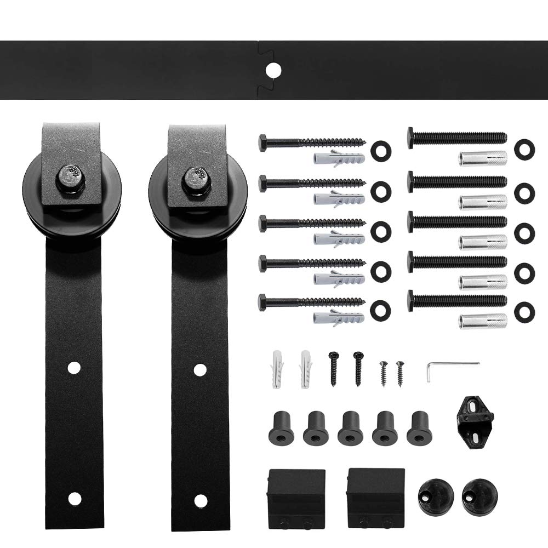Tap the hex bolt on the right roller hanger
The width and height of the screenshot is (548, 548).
pyautogui.click(x=196, y=176)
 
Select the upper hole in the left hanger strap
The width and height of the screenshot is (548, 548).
pyautogui.click(x=74, y=367)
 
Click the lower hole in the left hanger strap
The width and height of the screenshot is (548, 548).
pyautogui.click(x=74, y=498)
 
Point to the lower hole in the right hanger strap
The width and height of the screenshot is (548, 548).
pyautogui.click(x=201, y=500)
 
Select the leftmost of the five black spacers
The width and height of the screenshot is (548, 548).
pyautogui.click(x=281, y=427)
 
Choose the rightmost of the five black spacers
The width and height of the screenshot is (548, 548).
pyautogui.click(x=419, y=427)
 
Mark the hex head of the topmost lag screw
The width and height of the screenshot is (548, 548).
pyautogui.click(x=263, y=143)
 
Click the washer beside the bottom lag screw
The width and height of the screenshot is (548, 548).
pyautogui.click(x=380, y=309)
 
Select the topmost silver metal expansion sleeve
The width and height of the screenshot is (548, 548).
pyautogui.click(x=483, y=158)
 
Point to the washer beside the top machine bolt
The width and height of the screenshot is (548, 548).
pyautogui.click(x=524, y=150)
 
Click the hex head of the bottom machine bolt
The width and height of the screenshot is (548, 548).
pyautogui.click(x=411, y=300)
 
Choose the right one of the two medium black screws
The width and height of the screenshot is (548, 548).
pyautogui.click(x=358, y=368)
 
